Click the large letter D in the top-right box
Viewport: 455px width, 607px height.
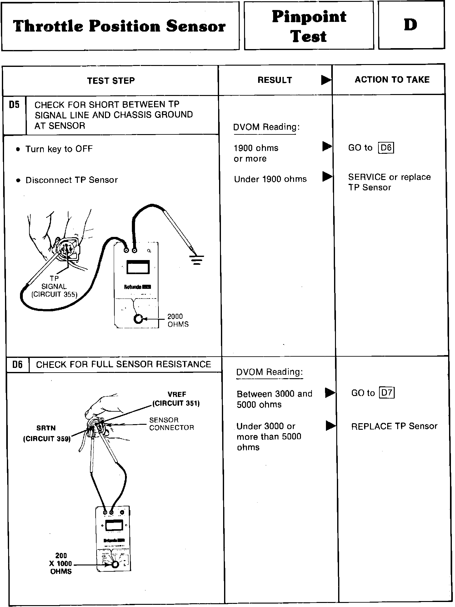410,25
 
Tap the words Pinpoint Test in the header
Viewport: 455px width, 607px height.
309,26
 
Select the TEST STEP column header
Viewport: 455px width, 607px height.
111,81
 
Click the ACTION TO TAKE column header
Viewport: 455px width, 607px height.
392,80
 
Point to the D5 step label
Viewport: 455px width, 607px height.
14,105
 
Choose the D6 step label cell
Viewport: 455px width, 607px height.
17,364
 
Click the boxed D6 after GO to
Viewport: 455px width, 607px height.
386,148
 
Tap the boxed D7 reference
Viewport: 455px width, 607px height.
387,393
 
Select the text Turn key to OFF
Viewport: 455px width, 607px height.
59,149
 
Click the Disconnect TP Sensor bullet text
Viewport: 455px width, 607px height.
72,180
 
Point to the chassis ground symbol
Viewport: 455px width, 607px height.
197,260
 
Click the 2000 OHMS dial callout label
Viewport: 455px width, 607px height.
178,320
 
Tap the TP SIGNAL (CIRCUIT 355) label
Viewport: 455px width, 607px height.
54,286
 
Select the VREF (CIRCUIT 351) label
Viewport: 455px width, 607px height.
176,399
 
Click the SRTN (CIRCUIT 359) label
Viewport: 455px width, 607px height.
47,433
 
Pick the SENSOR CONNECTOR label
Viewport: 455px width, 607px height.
171,424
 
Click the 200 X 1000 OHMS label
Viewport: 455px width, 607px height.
61,564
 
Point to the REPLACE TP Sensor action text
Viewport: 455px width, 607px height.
394,426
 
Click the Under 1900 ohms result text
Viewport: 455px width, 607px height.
270,179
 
